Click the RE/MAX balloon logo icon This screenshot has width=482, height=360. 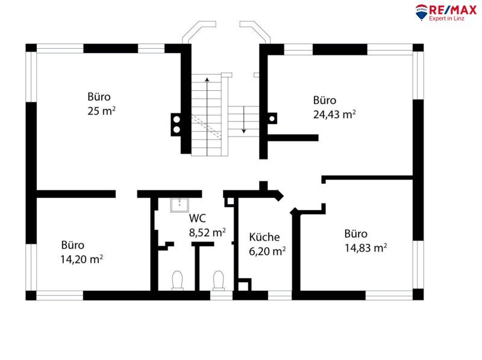pos(421,11)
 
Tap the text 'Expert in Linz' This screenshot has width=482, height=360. pos(446,18)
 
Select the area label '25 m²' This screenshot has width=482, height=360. pos(101,111)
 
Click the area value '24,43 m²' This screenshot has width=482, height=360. pos(334,114)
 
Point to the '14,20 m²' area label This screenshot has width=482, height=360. pos(81,259)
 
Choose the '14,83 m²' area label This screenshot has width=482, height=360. pos(366,247)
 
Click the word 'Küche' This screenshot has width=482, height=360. pos(264,237)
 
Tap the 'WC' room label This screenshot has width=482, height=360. pos(198,218)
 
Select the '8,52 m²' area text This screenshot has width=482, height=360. pos(207,232)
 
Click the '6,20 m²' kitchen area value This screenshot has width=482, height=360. pos(267,251)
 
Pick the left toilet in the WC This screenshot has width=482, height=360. pos(177,281)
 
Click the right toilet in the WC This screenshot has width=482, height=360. pos(219,281)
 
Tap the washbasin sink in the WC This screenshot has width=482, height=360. pos(180,205)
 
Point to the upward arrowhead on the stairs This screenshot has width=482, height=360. pos(207,79)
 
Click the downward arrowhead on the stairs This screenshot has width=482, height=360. pos(244,131)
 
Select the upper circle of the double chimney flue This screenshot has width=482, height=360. pos(177,119)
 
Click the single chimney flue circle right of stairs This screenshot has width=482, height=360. pos(272,119)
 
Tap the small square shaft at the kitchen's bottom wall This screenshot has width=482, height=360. pos(245,285)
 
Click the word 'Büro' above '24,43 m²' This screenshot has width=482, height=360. pos(325,100)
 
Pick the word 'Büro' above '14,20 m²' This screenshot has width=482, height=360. pos(72,245)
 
